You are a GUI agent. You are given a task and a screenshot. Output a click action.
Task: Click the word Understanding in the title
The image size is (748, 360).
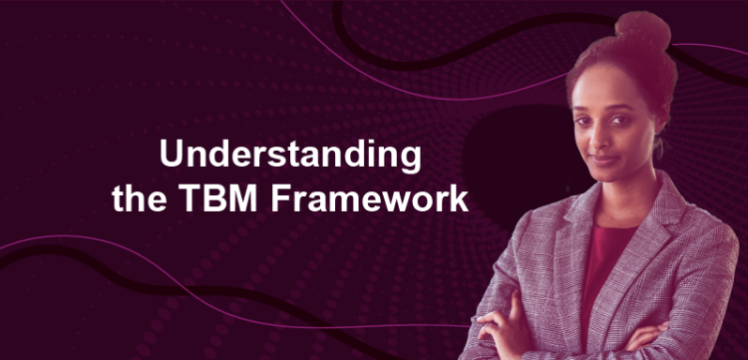pos(290,156)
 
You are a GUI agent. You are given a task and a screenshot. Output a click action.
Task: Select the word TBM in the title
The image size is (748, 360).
pos(225,196)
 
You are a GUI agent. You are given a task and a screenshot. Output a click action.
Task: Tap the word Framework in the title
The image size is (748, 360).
pos(369,196)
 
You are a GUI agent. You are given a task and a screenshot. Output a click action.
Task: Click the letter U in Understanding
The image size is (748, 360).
pos(172,156)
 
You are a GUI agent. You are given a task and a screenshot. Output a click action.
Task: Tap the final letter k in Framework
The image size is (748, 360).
pos(459,196)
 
